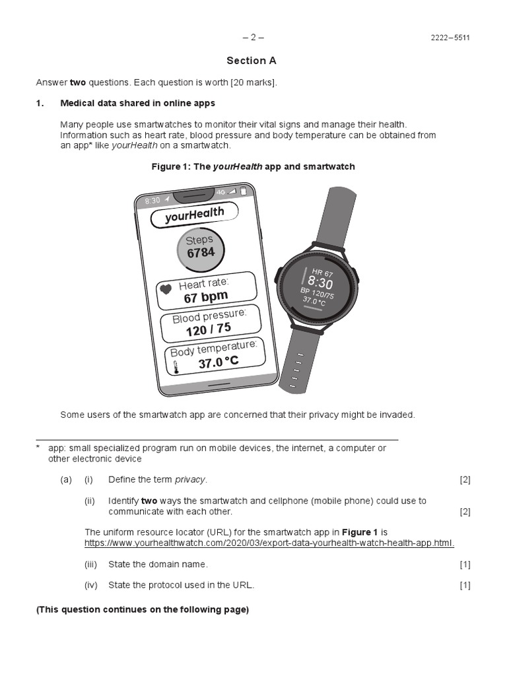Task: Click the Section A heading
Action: click(252, 61)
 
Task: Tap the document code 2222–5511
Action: click(450, 38)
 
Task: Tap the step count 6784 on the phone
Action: click(201, 253)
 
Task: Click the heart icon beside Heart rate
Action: click(166, 288)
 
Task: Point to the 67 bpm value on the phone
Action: click(205, 298)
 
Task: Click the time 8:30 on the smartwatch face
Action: click(320, 283)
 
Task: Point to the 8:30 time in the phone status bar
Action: click(152, 200)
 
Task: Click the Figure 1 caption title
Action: click(253, 167)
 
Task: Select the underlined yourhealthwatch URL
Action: click(269, 543)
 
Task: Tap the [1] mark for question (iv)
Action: click(465, 585)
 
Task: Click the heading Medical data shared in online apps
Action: click(137, 104)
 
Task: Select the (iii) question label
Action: click(90, 564)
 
